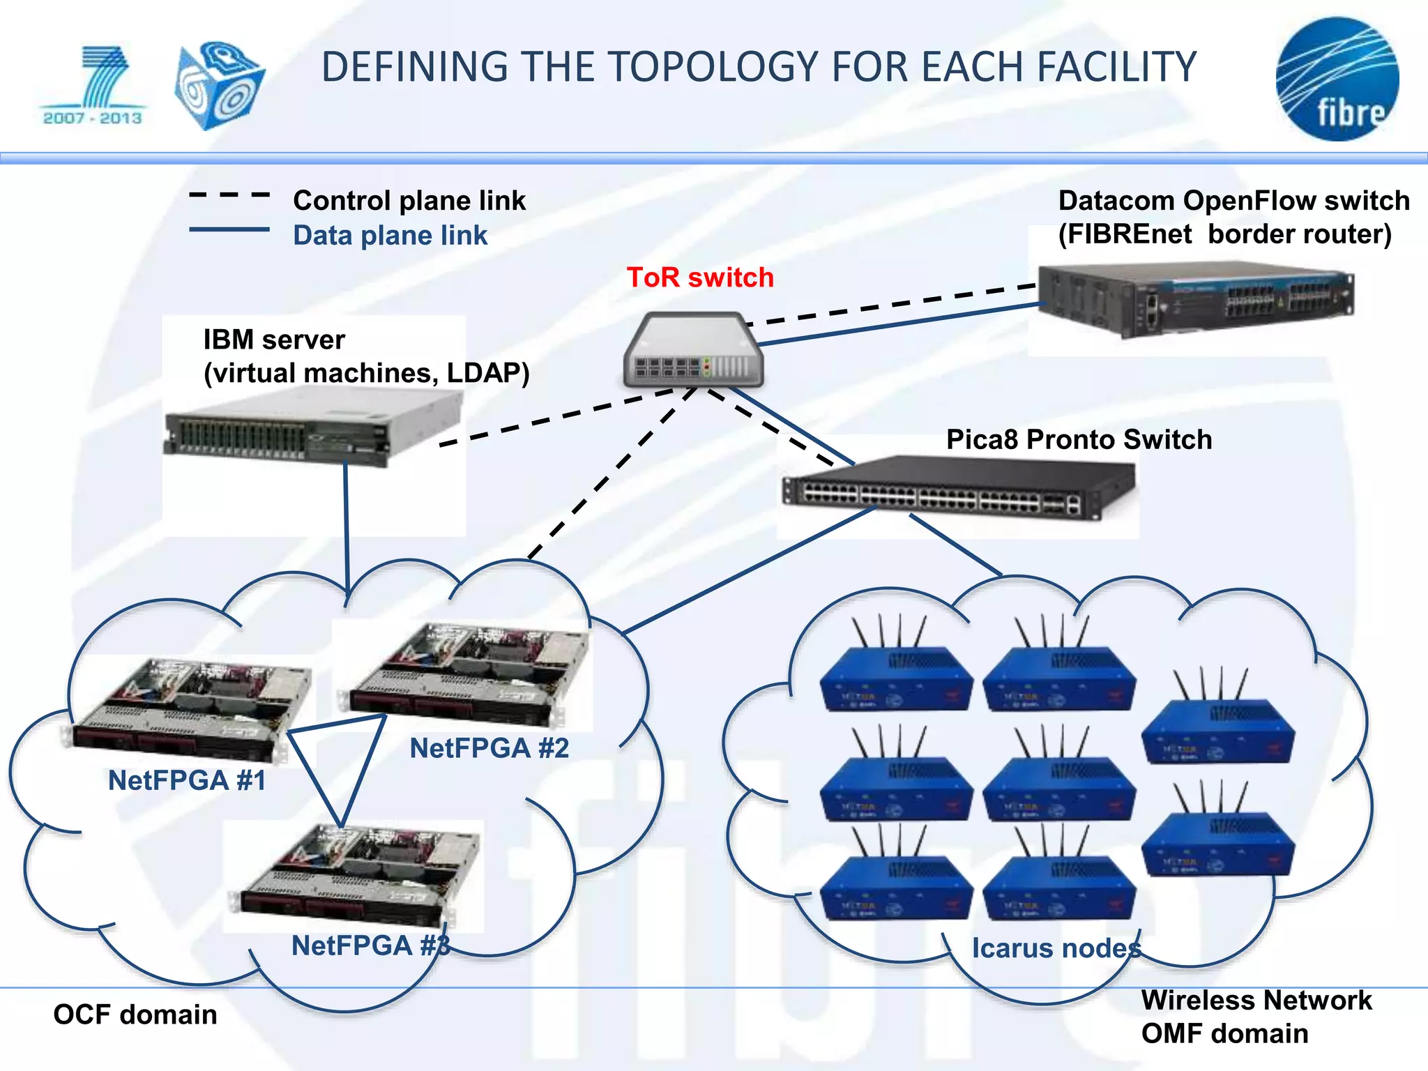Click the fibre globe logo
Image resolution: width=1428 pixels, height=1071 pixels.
coord(1337,79)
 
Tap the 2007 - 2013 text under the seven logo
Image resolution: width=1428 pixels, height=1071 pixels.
coord(93,118)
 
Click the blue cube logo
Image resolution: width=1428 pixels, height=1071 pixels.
coord(218,86)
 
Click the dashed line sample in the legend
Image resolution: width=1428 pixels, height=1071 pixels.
coord(229,195)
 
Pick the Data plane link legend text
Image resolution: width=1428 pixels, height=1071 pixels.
coord(390,236)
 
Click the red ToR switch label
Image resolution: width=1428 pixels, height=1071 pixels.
coord(700,278)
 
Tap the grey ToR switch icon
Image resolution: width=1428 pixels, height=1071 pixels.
coord(693,351)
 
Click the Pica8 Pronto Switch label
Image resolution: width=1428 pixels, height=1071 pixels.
coord(1079,440)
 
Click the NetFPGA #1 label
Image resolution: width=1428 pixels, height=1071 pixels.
coord(187,780)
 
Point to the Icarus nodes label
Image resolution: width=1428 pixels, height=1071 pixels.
coord(1056,948)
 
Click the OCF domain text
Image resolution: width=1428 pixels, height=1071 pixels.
coord(135,1015)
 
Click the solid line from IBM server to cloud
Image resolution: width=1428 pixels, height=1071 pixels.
coord(346,523)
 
